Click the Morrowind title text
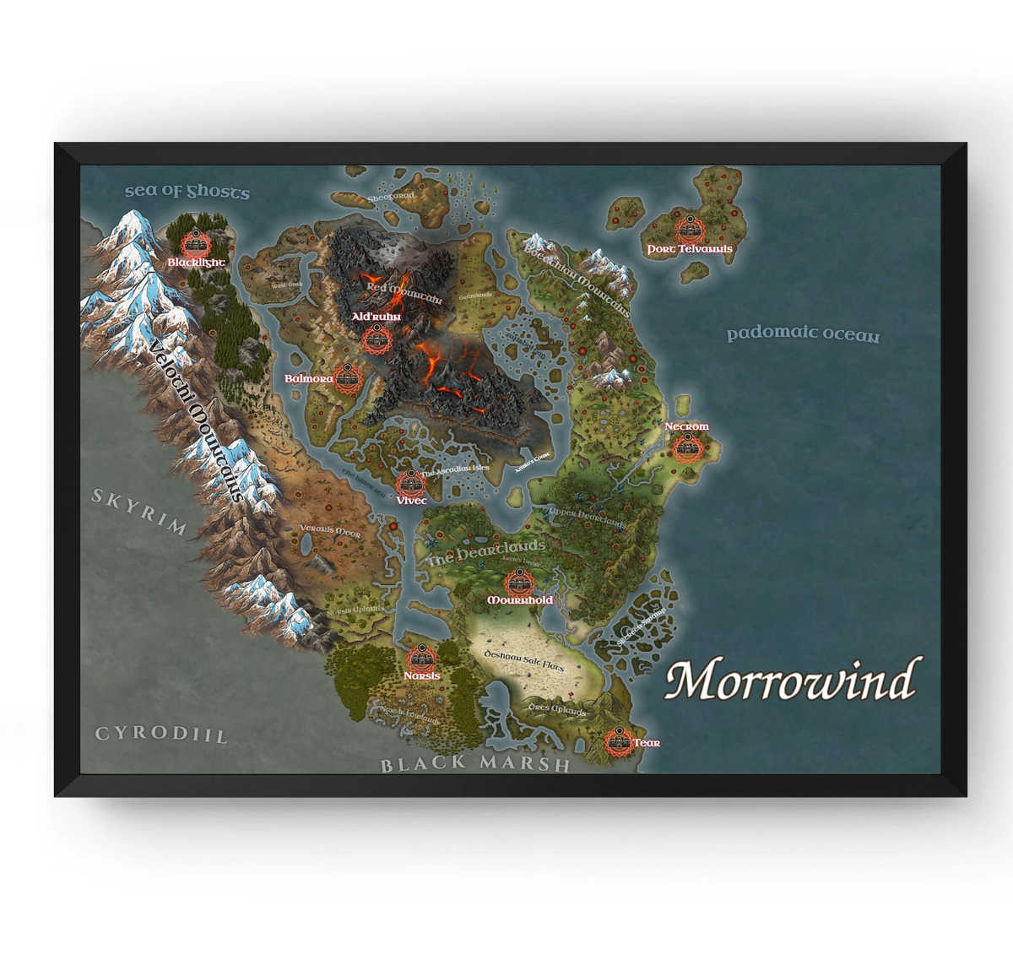coord(791,681)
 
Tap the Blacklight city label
coord(196,263)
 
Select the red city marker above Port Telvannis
coord(690,229)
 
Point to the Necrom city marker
coord(685,447)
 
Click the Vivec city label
coord(411,501)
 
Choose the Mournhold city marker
coord(519,582)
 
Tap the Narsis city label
coord(421,675)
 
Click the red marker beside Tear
coord(619,741)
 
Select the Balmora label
coord(308,379)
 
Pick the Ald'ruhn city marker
coord(376,339)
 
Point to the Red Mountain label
coord(404,292)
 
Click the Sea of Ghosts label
coord(187,192)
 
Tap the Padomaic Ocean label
coord(803,334)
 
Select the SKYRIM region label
coord(139,512)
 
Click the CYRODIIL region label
coord(161,734)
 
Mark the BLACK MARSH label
coord(475,764)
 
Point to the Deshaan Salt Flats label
coord(523,661)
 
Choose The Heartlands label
coord(485,552)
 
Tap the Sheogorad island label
coord(391,197)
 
